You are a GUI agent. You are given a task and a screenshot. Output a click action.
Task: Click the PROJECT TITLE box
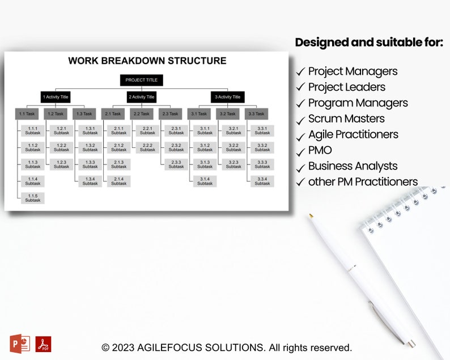click(x=141, y=80)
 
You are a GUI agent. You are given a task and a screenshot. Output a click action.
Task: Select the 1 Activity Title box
click(x=56, y=97)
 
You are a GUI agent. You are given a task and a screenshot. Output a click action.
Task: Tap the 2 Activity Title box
click(x=141, y=97)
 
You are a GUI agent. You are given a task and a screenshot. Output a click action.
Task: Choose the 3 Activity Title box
click(x=227, y=97)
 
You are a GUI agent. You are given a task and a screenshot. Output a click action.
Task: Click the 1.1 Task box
click(x=27, y=114)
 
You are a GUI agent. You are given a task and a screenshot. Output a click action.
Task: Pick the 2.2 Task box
click(x=141, y=114)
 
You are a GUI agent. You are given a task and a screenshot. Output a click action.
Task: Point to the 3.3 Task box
click(x=256, y=114)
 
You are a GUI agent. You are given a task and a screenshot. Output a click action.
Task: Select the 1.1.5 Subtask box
click(x=33, y=198)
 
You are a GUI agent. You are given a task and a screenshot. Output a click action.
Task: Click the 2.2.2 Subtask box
click(x=147, y=147)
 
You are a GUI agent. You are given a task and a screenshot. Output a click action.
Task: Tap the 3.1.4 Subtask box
click(x=205, y=181)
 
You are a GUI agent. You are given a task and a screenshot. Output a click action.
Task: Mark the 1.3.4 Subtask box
click(x=90, y=181)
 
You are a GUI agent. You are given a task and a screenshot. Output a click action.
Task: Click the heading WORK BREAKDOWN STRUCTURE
click(x=147, y=61)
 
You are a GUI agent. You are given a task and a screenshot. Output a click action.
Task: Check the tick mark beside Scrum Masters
click(x=300, y=120)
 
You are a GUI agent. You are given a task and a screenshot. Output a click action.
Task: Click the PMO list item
click(x=320, y=150)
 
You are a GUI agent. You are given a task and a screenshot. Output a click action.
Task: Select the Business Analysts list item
click(x=353, y=166)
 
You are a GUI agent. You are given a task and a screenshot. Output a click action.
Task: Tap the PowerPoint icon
click(x=20, y=344)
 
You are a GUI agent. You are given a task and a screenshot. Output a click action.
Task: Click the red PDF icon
click(x=43, y=344)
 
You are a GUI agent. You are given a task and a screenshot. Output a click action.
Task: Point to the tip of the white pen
click(x=311, y=215)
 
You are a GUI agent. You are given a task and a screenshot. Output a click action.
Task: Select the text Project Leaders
click(x=346, y=87)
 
